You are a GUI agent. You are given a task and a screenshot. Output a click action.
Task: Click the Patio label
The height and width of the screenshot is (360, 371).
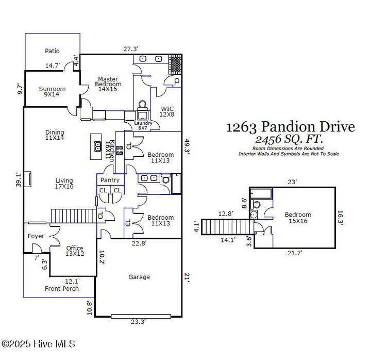tap(52, 51)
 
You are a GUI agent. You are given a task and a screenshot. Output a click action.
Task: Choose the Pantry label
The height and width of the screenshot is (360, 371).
tap(110, 180)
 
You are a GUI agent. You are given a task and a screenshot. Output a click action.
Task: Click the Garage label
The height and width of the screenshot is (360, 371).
tap(139, 277)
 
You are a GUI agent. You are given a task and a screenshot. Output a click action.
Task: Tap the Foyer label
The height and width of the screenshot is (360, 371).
tap(36, 236)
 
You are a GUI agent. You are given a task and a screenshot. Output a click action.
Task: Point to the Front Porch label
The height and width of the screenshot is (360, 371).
tap(62, 289)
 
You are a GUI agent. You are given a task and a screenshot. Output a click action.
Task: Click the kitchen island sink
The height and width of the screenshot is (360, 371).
tap(97, 146)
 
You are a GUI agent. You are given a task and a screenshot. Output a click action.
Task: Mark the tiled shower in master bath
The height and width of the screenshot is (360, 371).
tap(175, 64)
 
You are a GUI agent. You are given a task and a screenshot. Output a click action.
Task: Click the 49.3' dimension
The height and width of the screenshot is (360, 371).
tap(187, 147)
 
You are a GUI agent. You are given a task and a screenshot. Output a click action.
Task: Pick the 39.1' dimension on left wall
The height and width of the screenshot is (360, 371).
tap(19, 180)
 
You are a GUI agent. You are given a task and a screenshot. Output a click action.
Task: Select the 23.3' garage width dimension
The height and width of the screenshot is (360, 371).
tap(139, 322)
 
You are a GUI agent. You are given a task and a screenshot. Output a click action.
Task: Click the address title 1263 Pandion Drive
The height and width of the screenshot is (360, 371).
tap(291, 127)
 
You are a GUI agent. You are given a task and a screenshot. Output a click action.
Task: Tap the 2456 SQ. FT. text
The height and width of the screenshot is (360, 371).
tap(289, 139)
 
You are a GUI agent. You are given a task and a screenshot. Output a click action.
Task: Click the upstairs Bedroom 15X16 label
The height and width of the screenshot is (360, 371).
tap(298, 218)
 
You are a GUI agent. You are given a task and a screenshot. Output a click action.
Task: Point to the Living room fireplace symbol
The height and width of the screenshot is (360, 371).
tap(28, 179)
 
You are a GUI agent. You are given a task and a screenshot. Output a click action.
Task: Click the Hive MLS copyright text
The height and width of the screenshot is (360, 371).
tap(38, 344)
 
